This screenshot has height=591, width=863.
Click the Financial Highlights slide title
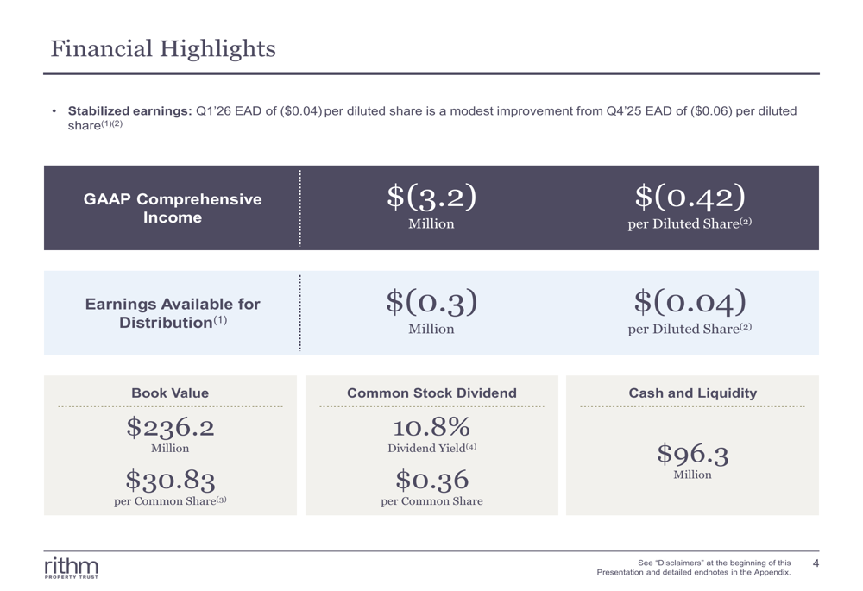[163, 49]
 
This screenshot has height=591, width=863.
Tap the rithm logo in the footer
[72, 568]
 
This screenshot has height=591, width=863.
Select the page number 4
[816, 563]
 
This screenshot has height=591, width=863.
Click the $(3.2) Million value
[431, 198]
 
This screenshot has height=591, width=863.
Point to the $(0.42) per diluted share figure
[690, 198]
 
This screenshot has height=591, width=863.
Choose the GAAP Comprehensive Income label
[173, 208]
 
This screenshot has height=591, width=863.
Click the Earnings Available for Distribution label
[173, 313]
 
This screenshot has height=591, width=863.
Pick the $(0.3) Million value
[431, 302]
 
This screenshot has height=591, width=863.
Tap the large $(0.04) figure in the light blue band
[690, 302]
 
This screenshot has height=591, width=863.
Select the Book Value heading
[170, 393]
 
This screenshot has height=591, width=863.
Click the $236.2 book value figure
[170, 426]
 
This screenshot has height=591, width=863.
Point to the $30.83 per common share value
[170, 480]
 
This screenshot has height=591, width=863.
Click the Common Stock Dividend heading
[431, 393]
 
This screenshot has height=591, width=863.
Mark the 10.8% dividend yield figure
[431, 426]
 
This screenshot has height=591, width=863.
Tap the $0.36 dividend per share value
[431, 480]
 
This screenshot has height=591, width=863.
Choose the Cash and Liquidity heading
[692, 393]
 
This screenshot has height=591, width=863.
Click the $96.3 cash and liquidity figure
[692, 454]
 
